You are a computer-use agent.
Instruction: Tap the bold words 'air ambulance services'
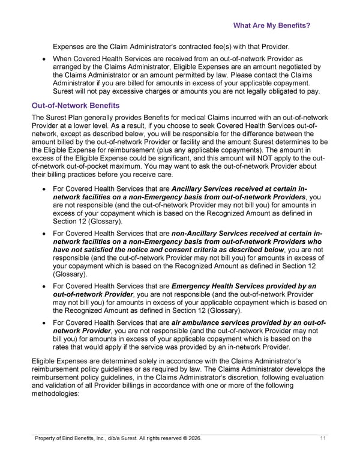coord(211,322)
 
